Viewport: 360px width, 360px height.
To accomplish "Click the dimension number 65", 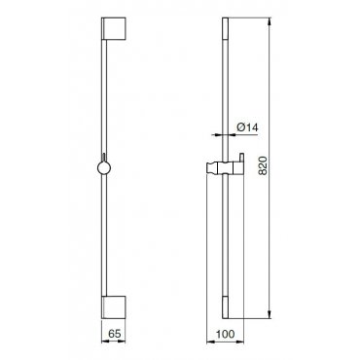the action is coord(114,333).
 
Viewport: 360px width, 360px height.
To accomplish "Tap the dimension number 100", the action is coord(225,334).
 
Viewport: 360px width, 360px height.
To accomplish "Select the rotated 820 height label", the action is coord(263,165).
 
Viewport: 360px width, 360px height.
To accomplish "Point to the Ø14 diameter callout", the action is coord(247,127).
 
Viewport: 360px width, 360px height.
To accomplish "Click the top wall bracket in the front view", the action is coord(114,29).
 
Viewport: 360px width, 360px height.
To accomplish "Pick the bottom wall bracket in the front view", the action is coord(114,307).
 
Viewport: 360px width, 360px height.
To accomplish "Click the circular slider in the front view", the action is coord(104,168).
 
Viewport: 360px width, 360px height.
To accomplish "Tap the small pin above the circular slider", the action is coord(104,158).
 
